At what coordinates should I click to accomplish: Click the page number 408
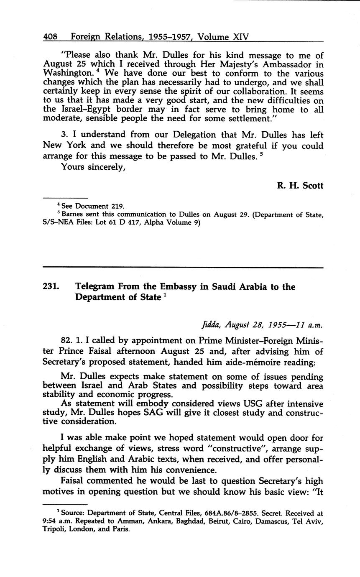tap(51, 37)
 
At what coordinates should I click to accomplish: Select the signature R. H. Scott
tap(300, 185)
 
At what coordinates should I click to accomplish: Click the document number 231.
tap(51, 287)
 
